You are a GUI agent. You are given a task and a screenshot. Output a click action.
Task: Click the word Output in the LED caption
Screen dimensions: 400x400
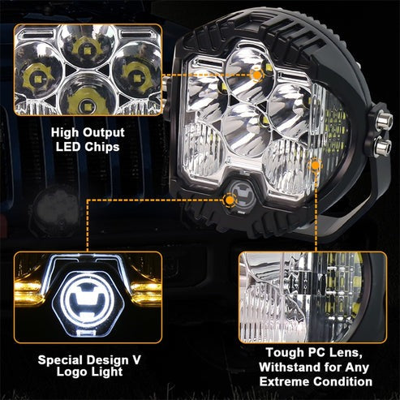point(103,133)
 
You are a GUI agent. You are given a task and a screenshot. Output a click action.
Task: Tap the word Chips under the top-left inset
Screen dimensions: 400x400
point(102,147)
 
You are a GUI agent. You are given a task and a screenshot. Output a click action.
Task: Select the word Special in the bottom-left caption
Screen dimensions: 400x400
point(61,360)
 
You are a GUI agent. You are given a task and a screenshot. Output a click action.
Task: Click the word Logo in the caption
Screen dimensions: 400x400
point(71,372)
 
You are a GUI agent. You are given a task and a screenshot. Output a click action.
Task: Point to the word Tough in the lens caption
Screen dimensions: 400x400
point(285,353)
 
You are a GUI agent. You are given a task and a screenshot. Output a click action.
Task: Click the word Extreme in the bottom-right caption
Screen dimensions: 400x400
point(285,381)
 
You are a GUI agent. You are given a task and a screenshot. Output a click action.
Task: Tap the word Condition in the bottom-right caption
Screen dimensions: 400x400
point(343,381)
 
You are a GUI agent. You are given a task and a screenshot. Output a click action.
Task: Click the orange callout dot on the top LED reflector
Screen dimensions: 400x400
point(256,75)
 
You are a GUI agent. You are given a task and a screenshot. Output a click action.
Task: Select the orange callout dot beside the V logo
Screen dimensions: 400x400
point(230,200)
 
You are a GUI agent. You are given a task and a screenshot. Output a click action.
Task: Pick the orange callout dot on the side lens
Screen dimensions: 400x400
point(316,166)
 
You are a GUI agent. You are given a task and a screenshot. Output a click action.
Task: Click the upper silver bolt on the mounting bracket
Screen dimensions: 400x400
point(384,121)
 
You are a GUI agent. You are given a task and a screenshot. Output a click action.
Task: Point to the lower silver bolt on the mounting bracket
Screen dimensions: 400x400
point(382,145)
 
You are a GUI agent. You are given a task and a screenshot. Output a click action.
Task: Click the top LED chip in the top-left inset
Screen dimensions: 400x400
point(87,50)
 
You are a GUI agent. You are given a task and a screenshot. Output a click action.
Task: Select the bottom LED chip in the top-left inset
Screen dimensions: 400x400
point(86,103)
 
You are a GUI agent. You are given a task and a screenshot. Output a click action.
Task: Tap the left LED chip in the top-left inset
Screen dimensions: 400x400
point(37,79)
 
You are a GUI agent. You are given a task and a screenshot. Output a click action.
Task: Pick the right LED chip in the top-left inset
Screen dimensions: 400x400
point(137,79)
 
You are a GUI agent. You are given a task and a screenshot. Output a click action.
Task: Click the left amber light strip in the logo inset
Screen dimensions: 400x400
point(28,293)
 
